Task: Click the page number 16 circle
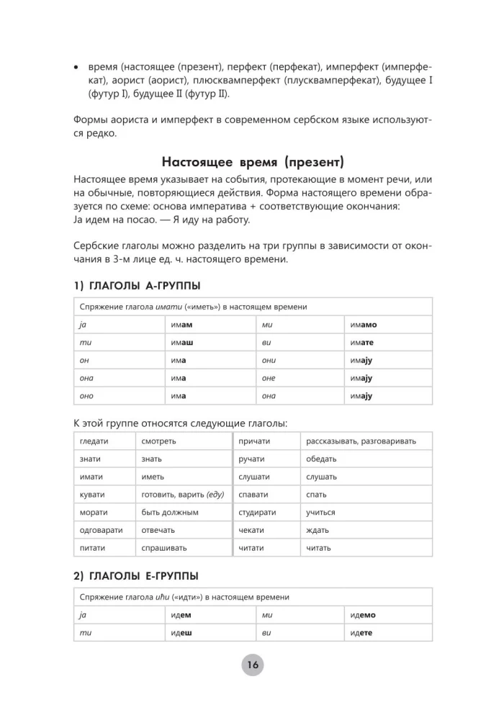point(252,665)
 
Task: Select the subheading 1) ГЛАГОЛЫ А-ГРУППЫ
point(136,285)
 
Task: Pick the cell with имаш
point(181,343)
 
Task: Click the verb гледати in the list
point(94,441)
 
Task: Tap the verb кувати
point(92,495)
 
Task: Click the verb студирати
point(256,513)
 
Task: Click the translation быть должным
point(170,513)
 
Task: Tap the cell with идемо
point(363,615)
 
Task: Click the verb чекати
point(251,531)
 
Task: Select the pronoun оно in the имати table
point(86,396)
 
